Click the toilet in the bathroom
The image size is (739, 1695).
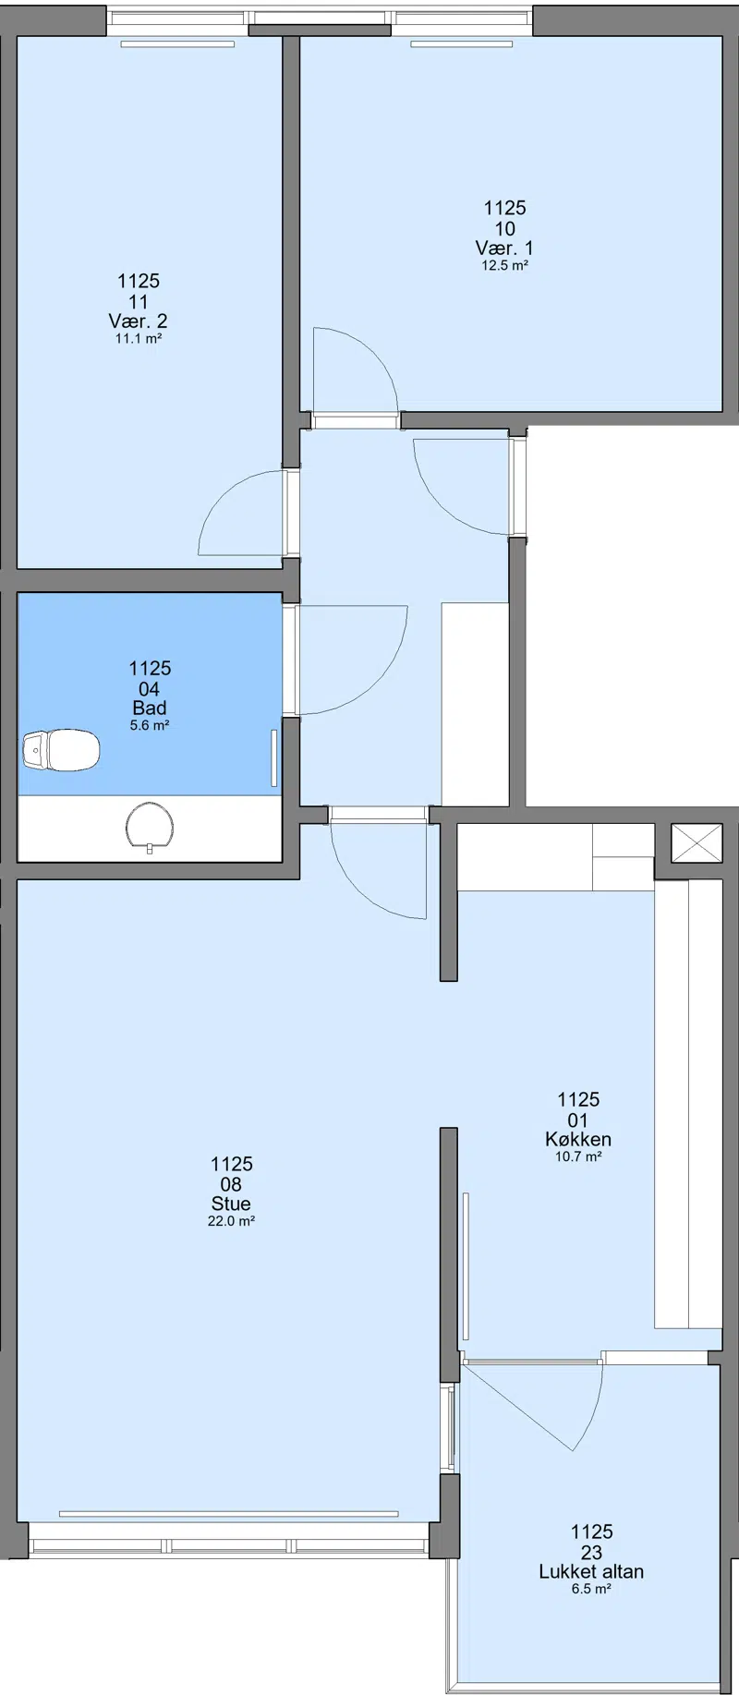(x=61, y=749)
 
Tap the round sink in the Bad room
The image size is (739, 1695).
(x=150, y=825)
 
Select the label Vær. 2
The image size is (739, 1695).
(x=138, y=321)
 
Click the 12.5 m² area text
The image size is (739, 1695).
(x=504, y=265)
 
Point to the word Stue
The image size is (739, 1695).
(x=230, y=1205)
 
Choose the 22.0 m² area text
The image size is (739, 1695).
(x=231, y=1221)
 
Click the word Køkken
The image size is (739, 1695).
(x=578, y=1140)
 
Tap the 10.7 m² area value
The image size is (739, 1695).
(x=578, y=1156)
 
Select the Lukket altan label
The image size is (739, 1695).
(x=591, y=1571)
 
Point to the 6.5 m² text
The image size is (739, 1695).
(x=591, y=1589)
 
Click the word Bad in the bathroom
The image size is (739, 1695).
(x=150, y=708)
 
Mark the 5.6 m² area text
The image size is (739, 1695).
(x=150, y=725)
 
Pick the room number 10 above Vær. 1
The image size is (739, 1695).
(x=505, y=229)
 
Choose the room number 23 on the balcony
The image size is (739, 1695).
(x=591, y=1552)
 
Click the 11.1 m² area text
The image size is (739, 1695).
(x=138, y=339)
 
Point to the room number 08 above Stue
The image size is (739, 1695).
(x=231, y=1184)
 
